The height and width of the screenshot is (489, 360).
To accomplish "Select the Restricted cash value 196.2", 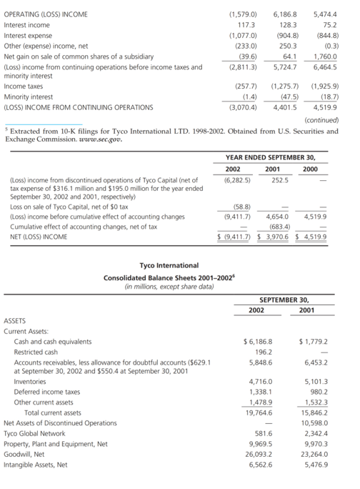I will [261, 352].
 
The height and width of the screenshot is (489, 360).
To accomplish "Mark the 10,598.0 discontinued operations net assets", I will [314, 423].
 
